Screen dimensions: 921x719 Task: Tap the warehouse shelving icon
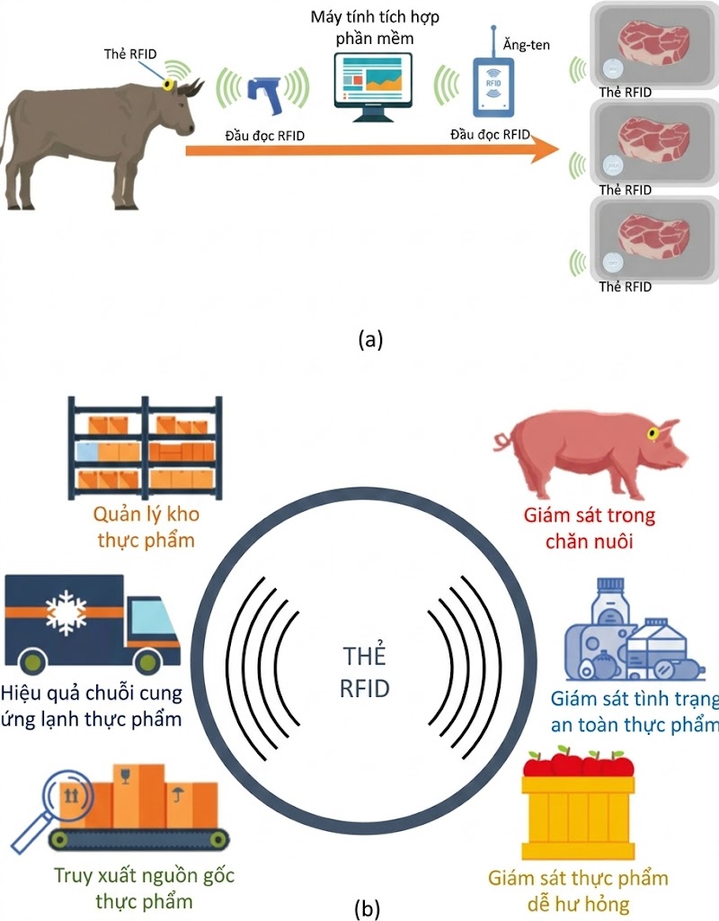tap(145, 447)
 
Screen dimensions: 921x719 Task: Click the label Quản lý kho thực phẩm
tap(145, 527)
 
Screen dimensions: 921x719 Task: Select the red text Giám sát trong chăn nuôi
tap(589, 529)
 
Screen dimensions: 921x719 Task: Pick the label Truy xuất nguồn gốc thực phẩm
tap(145, 887)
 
